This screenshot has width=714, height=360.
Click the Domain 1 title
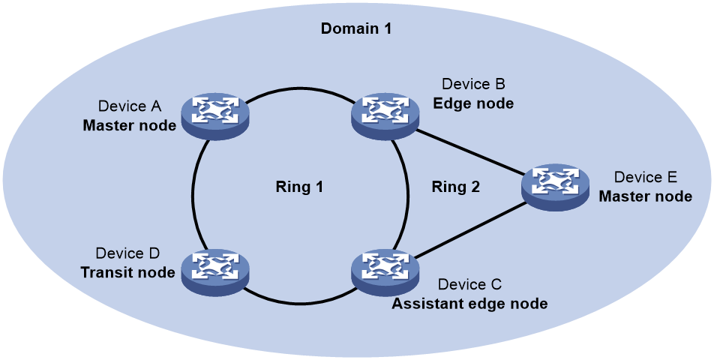(x=355, y=28)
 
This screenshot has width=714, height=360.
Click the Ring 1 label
(x=299, y=187)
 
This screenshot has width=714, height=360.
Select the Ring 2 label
(x=456, y=187)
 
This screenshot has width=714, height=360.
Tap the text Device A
(x=130, y=106)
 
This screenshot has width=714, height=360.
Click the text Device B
(x=473, y=84)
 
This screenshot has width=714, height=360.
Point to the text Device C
(x=469, y=284)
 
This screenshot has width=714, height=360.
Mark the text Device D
(x=128, y=253)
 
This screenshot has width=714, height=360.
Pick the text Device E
(x=646, y=177)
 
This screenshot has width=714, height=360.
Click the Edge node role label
(x=473, y=103)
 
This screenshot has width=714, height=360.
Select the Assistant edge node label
(x=469, y=304)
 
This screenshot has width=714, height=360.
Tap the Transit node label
(x=128, y=272)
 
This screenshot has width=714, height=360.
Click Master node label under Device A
(x=129, y=125)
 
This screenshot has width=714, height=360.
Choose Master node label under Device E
(x=645, y=196)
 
